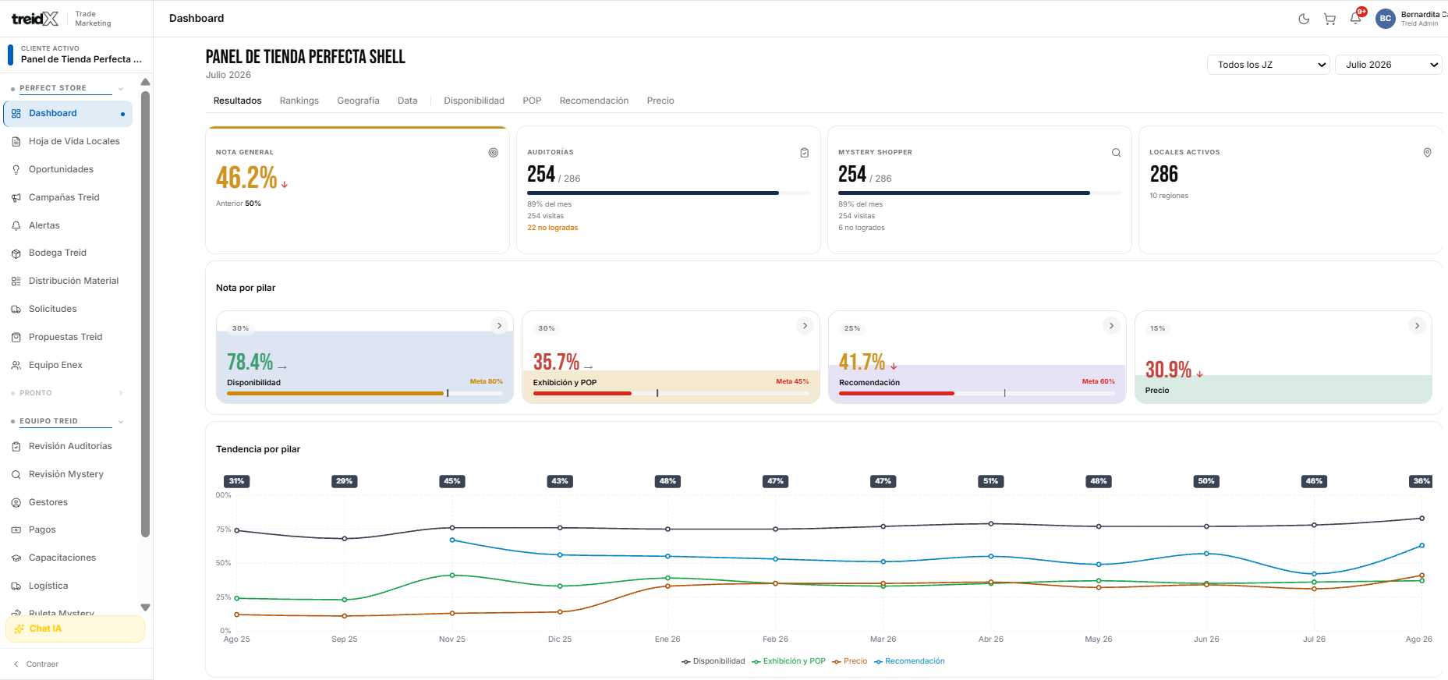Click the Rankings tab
click(x=299, y=101)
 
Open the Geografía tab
click(x=358, y=101)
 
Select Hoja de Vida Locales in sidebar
click(x=74, y=141)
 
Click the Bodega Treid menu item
click(x=58, y=253)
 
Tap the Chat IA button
click(x=75, y=629)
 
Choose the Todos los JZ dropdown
click(x=1269, y=65)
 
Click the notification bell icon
click(x=1356, y=19)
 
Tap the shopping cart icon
click(x=1329, y=19)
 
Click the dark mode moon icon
click(x=1304, y=19)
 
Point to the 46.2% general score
click(x=246, y=178)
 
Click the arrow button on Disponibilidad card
click(x=499, y=326)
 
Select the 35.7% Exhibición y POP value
click(x=556, y=362)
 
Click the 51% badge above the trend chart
click(x=990, y=481)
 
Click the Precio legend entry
click(x=850, y=661)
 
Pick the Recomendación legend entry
click(x=909, y=661)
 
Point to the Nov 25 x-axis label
click(x=452, y=639)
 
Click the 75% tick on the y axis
click(x=224, y=529)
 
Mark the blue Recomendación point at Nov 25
click(x=452, y=540)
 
